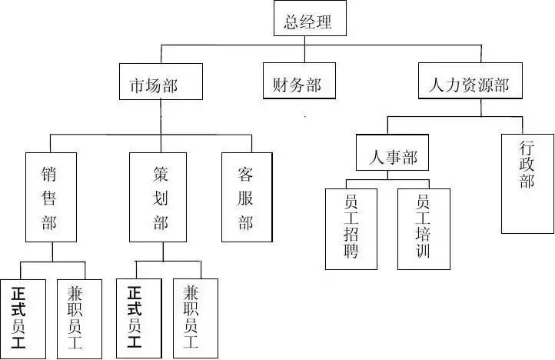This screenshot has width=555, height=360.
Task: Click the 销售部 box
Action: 51,197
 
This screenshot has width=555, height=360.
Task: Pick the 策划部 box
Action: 158,197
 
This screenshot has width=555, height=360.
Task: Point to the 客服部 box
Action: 246,197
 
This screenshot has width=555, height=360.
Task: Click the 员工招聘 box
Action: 351,228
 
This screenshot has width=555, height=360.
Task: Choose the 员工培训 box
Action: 423,228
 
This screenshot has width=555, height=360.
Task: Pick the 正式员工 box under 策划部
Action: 134,316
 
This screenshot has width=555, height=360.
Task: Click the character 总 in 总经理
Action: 292,22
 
